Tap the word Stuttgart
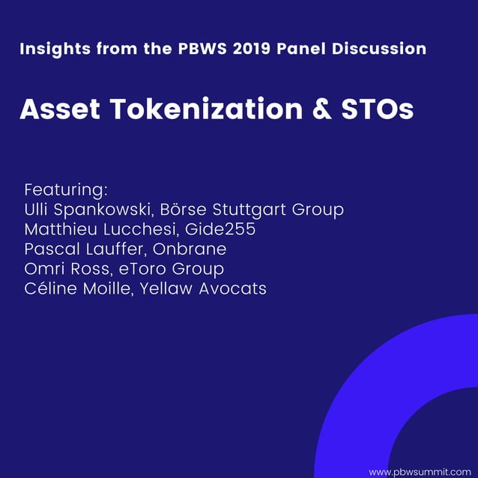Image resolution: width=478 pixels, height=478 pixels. point(246,210)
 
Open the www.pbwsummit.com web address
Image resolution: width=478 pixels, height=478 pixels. point(420,471)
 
